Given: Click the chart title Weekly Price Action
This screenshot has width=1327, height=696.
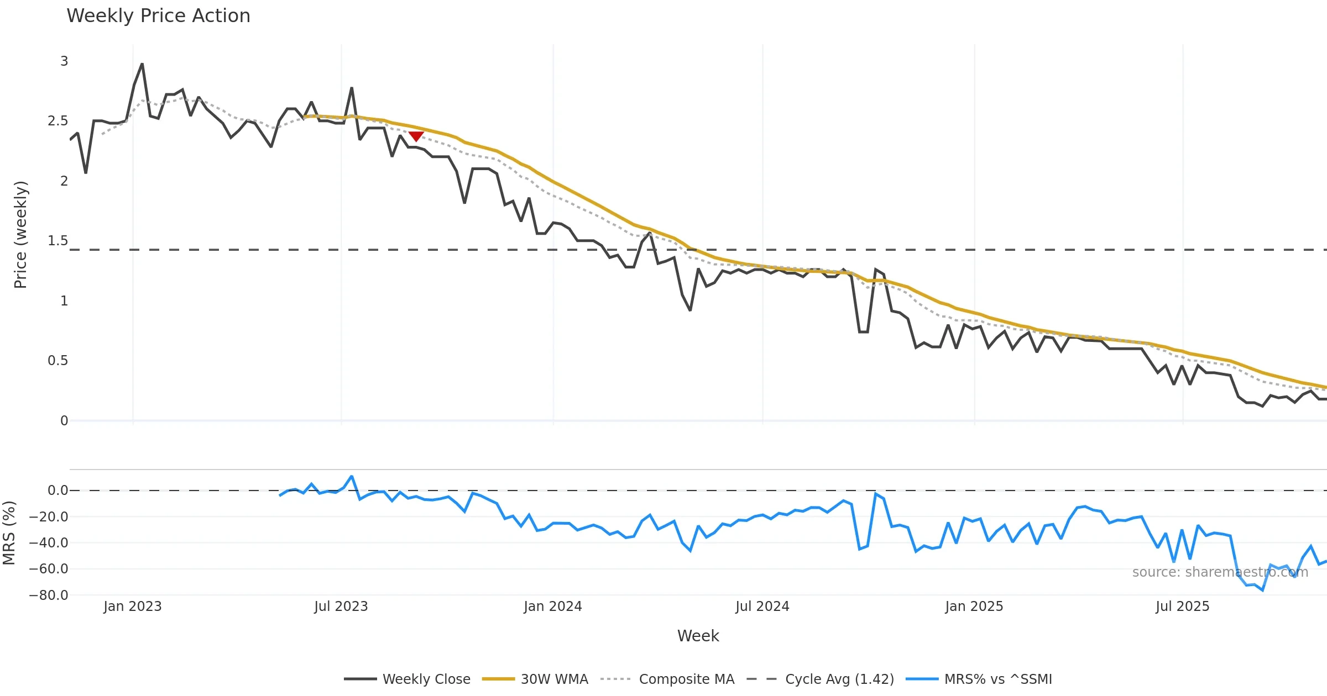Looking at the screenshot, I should coord(158,16).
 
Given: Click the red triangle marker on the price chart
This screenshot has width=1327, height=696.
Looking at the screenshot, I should coord(416,136).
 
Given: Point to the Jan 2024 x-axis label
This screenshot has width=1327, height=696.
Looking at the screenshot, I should coord(553,607).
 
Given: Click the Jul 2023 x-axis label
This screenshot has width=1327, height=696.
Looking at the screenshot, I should coord(341,607).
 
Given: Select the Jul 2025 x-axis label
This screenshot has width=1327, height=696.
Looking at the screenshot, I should coord(1182,607).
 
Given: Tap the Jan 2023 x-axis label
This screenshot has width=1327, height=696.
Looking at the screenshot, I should coord(133,607).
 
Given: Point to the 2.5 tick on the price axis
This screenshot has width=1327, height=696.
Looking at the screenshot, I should coord(58,121).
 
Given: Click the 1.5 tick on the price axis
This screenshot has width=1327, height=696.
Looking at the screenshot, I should coord(58,241).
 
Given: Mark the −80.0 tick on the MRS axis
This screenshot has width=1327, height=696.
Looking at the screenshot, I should coord(49,595).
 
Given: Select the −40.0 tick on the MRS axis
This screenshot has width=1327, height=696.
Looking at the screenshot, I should coord(49,543).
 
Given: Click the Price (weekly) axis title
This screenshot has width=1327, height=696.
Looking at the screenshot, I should coord(20,235).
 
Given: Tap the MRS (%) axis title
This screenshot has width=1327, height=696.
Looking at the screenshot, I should coord(9,533).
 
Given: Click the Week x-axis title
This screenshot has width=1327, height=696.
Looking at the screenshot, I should coord(698,636).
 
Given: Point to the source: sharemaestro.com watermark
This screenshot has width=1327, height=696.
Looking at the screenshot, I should coord(1220,572).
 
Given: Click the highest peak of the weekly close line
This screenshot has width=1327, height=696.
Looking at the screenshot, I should coord(142,64).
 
